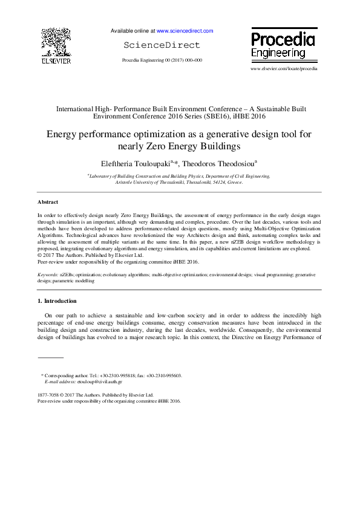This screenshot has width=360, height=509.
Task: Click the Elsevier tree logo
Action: click(x=55, y=42)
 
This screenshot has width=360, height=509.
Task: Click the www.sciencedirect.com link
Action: click(x=185, y=30)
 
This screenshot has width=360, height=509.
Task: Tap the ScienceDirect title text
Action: click(x=162, y=45)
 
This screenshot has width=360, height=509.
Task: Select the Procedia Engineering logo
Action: click(x=283, y=46)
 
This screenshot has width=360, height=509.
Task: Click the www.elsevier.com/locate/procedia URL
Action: click(x=283, y=69)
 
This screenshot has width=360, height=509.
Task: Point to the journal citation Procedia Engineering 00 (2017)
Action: click(x=162, y=60)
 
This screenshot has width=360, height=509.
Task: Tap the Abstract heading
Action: click(x=48, y=202)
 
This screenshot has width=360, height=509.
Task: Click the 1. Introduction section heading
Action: click(x=57, y=301)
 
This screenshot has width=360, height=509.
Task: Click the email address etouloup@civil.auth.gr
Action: click(x=100, y=382)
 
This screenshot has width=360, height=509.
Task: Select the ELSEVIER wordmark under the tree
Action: click(x=56, y=61)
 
